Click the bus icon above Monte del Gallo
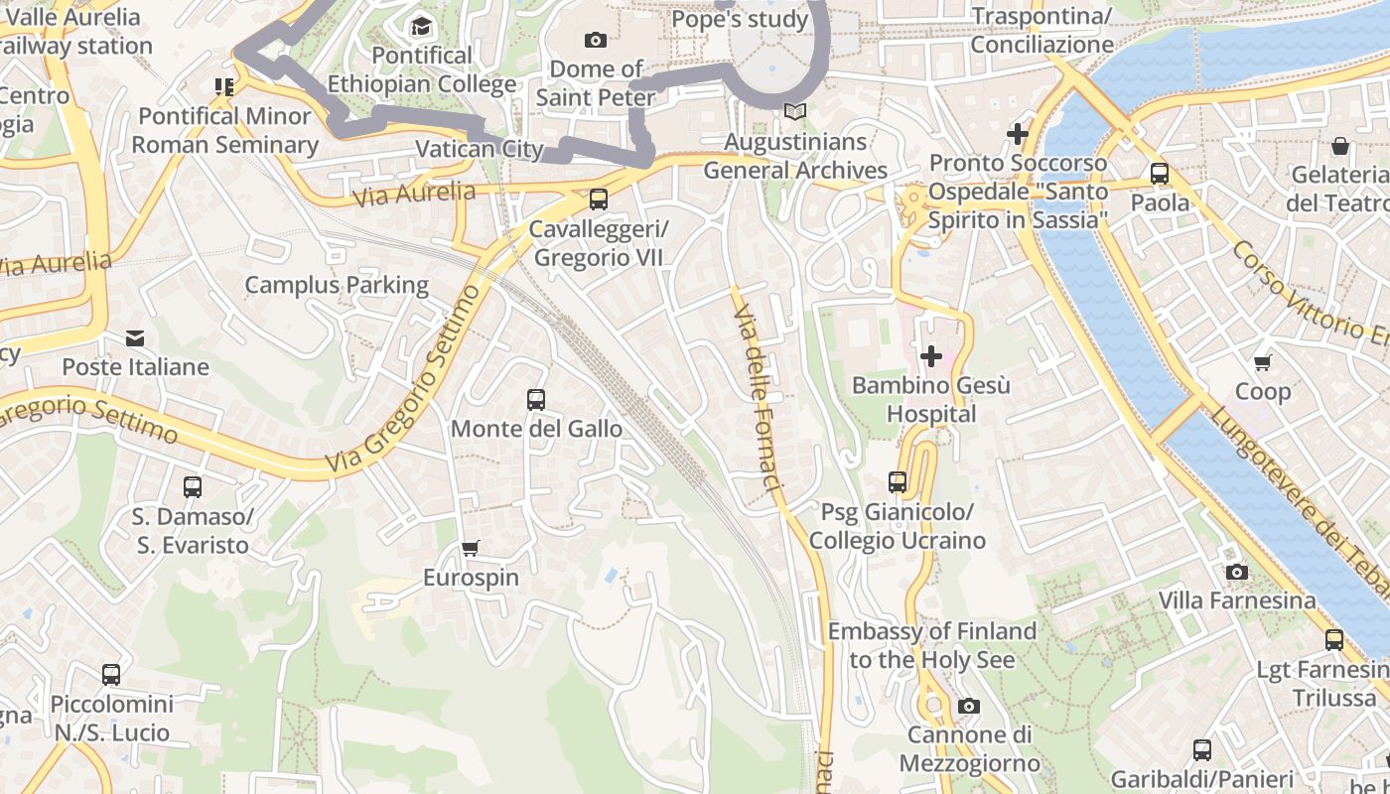coord(536,400)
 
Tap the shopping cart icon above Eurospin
coord(471,549)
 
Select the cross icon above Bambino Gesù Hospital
coord(931,355)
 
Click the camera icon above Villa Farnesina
coord(1236,572)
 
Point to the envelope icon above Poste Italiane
coord(135,338)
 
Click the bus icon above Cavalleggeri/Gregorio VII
coord(599,199)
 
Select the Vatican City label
coord(480,149)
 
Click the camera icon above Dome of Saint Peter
coord(596,40)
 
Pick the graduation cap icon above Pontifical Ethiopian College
coord(422,26)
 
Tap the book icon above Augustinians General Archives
coord(794,112)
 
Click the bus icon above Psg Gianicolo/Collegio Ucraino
coord(898,482)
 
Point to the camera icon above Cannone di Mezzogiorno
coord(969,706)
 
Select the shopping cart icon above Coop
coord(1263,362)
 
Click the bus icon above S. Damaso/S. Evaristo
coord(193,487)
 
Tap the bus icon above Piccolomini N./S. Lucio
coord(111,675)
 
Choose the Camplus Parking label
coord(337,286)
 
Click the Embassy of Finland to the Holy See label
coord(932,645)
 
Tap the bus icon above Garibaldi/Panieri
coord(1202,749)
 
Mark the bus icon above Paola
coord(1160,174)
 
